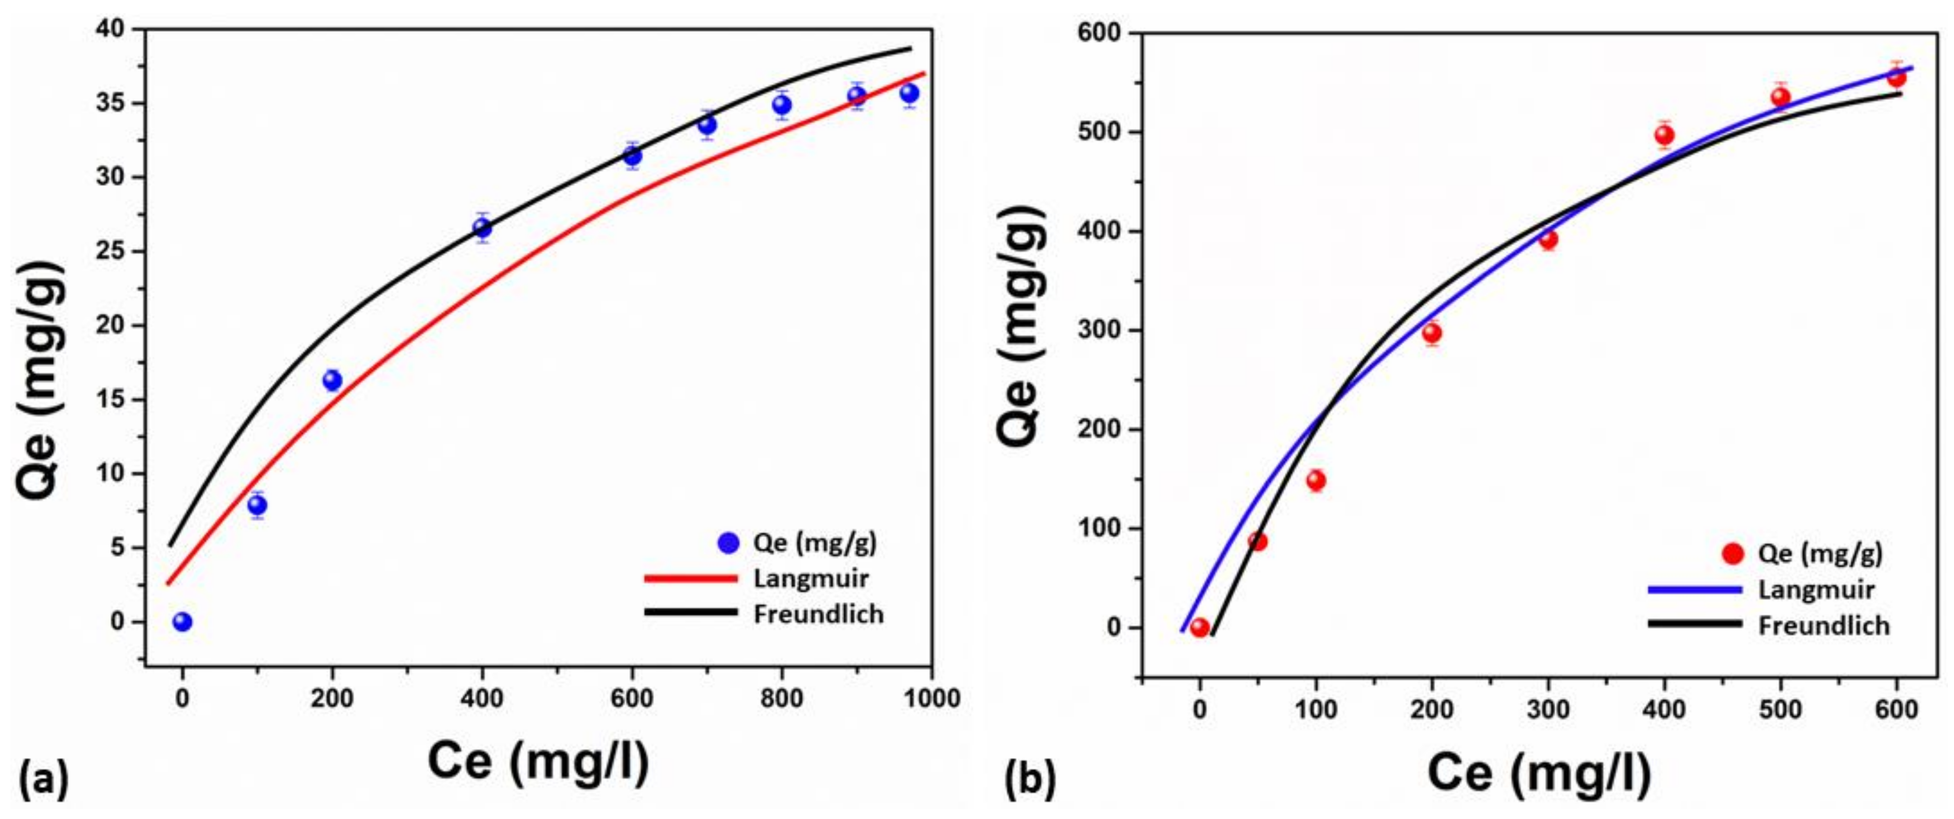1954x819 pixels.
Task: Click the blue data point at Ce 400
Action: (x=481, y=227)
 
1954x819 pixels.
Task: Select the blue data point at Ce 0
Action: (x=182, y=622)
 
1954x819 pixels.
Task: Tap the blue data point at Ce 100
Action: (x=257, y=505)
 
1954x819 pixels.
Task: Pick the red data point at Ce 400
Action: (x=1664, y=135)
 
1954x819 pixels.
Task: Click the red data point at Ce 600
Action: (x=1896, y=77)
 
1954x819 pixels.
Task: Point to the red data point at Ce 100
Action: (x=1316, y=480)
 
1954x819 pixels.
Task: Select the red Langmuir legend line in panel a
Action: (x=690, y=578)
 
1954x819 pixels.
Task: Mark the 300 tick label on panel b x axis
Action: (x=1547, y=710)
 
